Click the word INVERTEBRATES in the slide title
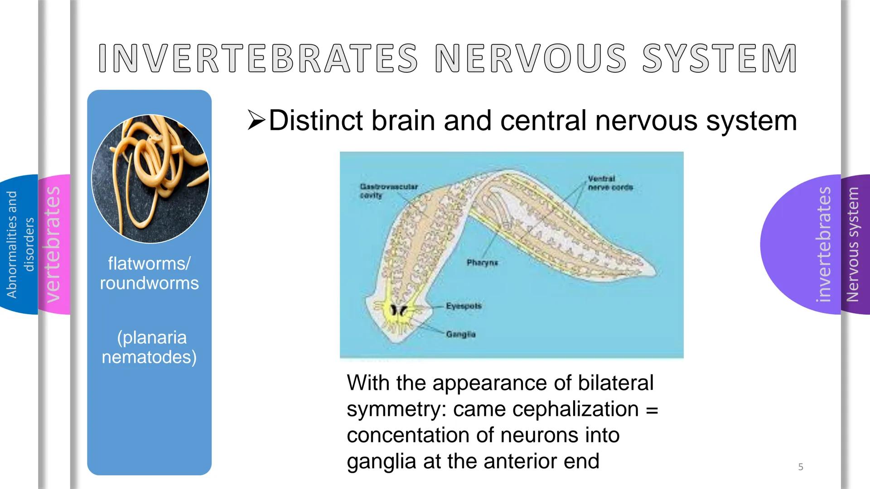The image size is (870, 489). pyautogui.click(x=257, y=58)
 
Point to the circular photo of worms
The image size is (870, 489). pyautogui.click(x=150, y=178)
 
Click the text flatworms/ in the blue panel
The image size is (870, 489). pyautogui.click(x=149, y=263)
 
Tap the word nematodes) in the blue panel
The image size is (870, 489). pyautogui.click(x=149, y=357)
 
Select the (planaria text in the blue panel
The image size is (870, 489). pyautogui.click(x=151, y=337)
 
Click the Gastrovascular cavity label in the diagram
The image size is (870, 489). pyautogui.click(x=388, y=191)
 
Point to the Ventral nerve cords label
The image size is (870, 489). pyautogui.click(x=610, y=183)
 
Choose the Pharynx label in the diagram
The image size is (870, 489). pyautogui.click(x=482, y=263)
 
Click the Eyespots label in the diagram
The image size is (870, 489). pyautogui.click(x=464, y=306)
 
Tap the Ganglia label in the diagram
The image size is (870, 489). pyautogui.click(x=460, y=334)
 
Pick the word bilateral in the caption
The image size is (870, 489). pyautogui.click(x=615, y=383)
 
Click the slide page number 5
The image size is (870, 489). pyautogui.click(x=801, y=467)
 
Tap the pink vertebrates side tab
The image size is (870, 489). pyautogui.click(x=54, y=244)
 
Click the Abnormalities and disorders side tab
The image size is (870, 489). pyautogui.click(x=19, y=244)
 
